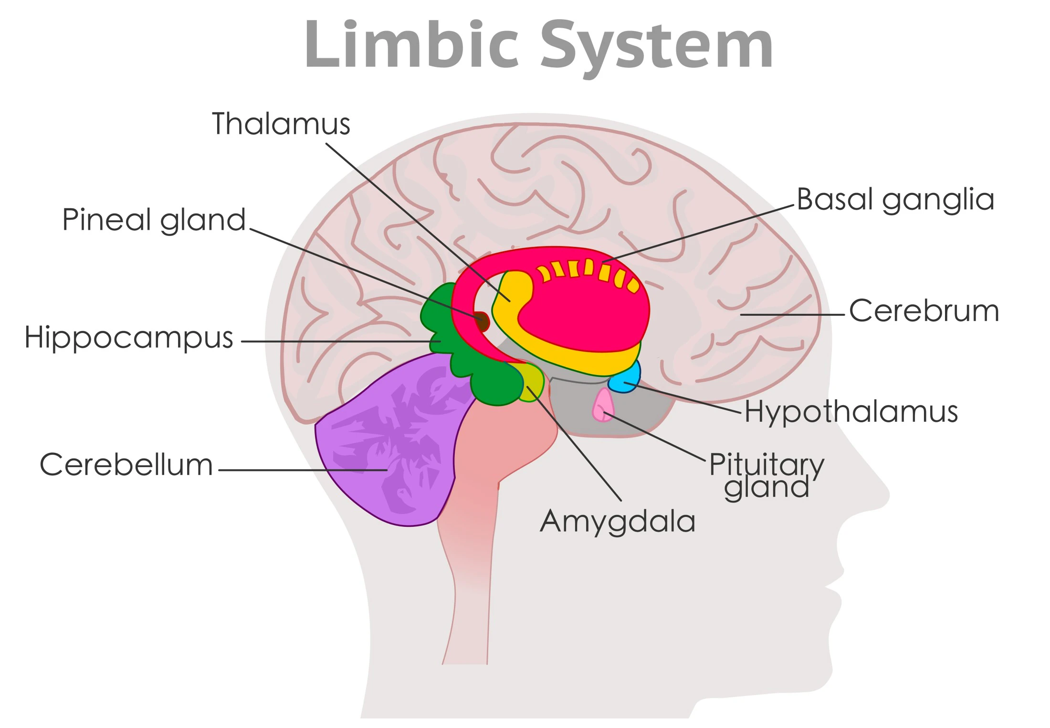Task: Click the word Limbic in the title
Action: point(411,45)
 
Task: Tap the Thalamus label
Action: point(281,124)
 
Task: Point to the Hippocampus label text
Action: point(128,337)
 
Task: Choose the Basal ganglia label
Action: point(895,200)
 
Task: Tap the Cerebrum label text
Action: point(924,311)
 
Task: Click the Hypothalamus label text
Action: point(851,412)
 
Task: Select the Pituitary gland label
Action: point(766,475)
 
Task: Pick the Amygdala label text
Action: point(618,521)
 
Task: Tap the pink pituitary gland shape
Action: point(603,405)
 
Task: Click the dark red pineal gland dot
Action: point(482,321)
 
